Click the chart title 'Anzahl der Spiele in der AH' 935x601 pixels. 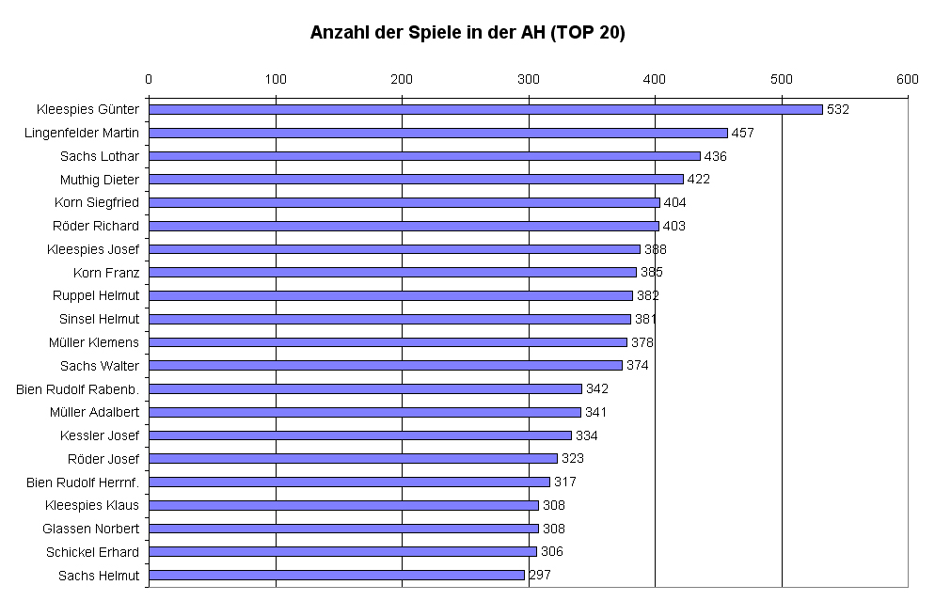click(x=467, y=33)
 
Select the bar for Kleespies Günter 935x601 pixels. click(x=485, y=109)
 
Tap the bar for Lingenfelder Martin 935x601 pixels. click(x=438, y=133)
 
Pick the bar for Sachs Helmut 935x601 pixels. click(x=337, y=575)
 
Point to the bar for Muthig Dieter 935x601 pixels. click(x=416, y=179)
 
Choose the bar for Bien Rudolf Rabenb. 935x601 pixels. click(x=365, y=388)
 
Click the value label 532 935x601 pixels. click(x=838, y=109)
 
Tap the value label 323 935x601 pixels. click(x=573, y=459)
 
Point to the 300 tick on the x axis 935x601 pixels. click(x=529, y=79)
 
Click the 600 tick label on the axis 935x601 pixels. click(x=907, y=79)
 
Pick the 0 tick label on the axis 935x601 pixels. click(x=149, y=79)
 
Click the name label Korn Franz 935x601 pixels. click(x=106, y=273)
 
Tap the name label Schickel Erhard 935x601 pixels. click(x=92, y=552)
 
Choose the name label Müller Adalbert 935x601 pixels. click(x=94, y=412)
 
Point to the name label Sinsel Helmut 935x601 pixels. click(x=99, y=319)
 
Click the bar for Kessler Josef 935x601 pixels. click(x=360, y=435)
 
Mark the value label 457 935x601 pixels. click(x=743, y=133)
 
